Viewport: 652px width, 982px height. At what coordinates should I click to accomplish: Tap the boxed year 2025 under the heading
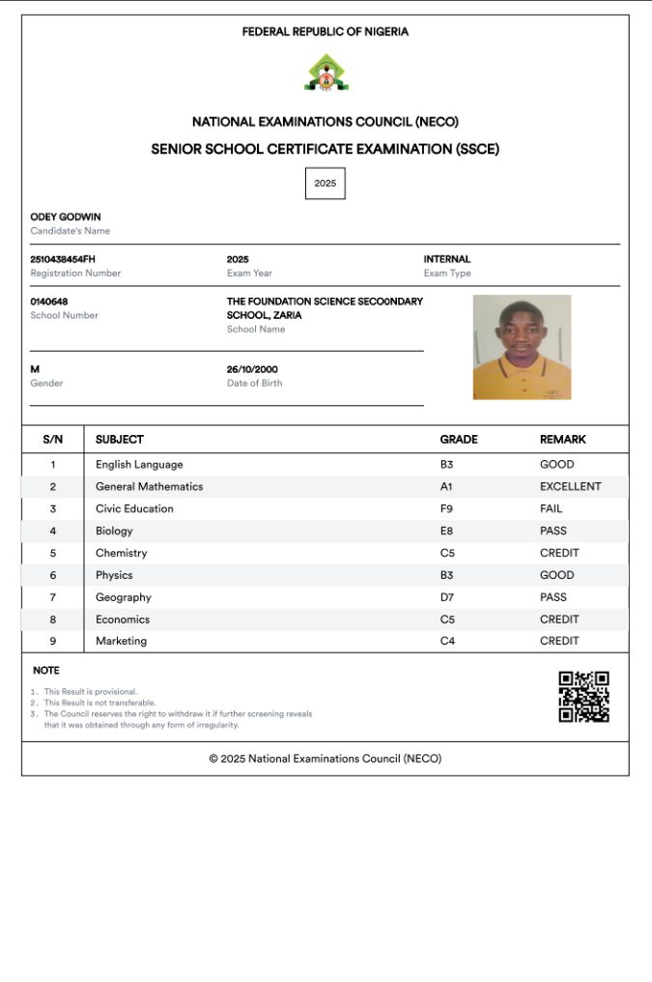[325, 184]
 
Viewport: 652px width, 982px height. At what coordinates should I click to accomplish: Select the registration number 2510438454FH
[63, 259]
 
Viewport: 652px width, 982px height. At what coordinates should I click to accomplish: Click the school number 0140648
[49, 302]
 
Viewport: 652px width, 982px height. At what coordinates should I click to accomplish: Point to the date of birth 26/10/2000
[252, 369]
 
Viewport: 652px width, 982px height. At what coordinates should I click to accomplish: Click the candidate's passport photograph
[522, 347]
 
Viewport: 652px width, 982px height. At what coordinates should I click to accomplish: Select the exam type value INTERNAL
[447, 259]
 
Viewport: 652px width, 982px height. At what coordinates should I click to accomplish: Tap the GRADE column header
[459, 439]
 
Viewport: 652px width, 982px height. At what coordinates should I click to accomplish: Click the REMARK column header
[562, 439]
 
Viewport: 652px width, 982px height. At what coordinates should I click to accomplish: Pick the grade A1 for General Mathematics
[446, 486]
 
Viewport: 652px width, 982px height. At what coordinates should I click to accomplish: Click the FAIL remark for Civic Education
[551, 508]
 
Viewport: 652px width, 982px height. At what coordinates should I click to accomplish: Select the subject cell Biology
[114, 531]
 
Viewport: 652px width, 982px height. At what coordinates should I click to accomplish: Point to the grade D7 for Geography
[447, 597]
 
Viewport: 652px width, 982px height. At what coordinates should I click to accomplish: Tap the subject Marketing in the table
[121, 641]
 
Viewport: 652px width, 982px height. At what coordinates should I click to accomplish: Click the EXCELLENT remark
[570, 486]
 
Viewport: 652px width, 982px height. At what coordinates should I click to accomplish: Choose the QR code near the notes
[583, 697]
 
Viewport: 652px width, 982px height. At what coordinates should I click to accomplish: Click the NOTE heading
[45, 670]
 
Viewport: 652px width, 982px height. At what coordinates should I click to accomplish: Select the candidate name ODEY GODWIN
[66, 217]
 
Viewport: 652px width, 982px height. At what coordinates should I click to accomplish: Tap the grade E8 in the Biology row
[447, 531]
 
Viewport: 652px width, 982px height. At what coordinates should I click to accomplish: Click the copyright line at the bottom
[326, 759]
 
